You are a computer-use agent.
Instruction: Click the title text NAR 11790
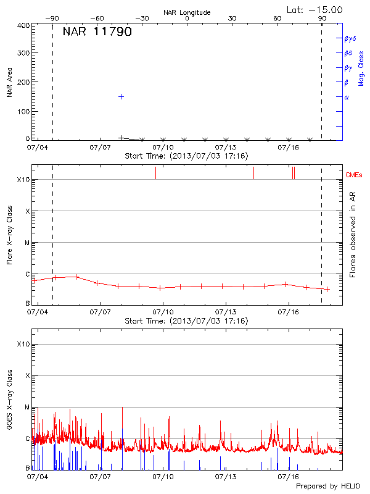click(x=97, y=32)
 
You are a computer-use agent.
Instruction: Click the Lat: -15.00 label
click(x=315, y=10)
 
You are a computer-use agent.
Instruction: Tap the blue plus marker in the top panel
click(x=121, y=96)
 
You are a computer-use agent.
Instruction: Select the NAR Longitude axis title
click(x=187, y=12)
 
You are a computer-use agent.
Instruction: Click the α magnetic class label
click(x=347, y=97)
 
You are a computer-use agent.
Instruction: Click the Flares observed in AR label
click(x=353, y=234)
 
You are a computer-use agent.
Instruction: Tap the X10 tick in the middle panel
click(x=23, y=180)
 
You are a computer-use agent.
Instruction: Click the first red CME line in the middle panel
click(x=155, y=173)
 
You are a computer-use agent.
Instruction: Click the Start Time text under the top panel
click(x=186, y=156)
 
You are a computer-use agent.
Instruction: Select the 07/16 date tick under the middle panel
click(x=289, y=313)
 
